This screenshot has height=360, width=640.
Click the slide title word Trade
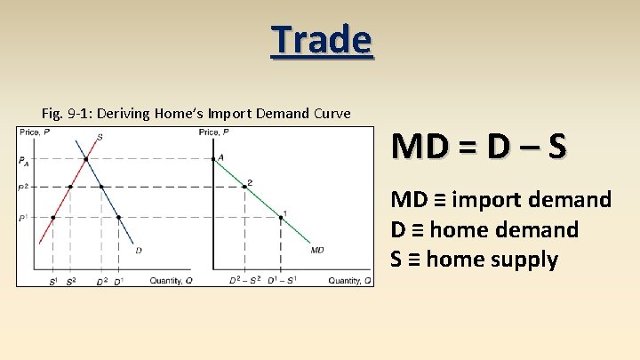point(322,40)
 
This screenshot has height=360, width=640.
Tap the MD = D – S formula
point(479,147)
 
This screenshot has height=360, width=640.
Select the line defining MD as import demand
point(501,199)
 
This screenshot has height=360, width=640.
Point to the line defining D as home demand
point(484,229)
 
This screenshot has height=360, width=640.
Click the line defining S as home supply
point(474,260)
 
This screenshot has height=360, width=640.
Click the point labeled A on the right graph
point(215,159)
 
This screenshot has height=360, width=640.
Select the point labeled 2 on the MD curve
point(244,187)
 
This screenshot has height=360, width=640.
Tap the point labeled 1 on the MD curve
point(281,217)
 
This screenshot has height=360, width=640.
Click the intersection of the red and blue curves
point(85,160)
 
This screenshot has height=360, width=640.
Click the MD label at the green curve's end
point(317,251)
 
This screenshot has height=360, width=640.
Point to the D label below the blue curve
point(138,251)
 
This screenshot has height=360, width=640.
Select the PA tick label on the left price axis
point(23,161)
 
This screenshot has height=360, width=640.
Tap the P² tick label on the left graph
point(23,187)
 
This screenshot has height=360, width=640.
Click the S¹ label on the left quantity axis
point(52,281)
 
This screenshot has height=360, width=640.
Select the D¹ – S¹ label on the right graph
point(282,281)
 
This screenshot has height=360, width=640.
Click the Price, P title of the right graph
point(214,132)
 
